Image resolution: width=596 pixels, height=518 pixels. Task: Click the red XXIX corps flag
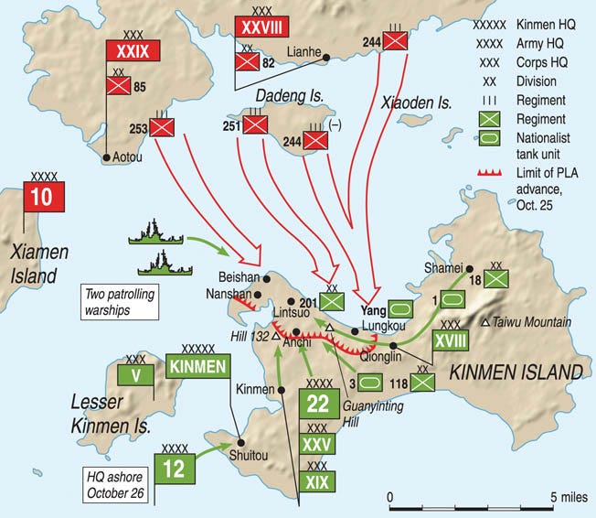[x=126, y=51]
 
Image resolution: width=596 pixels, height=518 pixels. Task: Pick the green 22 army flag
[x=317, y=404]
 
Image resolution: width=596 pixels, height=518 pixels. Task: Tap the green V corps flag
[x=134, y=374]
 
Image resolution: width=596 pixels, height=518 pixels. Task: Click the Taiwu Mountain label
[x=532, y=322]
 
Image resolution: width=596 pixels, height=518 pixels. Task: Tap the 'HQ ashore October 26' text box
[x=114, y=481]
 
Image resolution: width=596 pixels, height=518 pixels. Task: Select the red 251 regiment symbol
[x=251, y=125]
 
